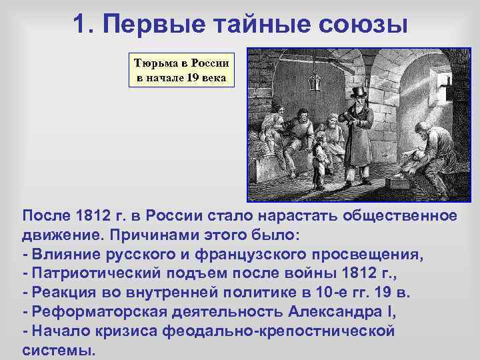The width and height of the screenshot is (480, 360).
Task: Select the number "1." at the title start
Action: click(x=87, y=25)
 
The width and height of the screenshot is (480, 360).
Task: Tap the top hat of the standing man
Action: click(x=360, y=92)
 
